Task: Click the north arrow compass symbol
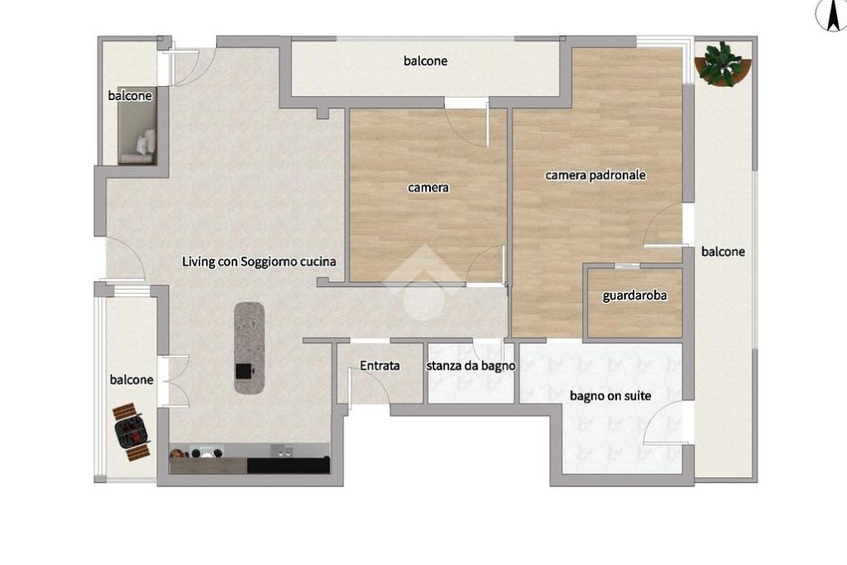coord(831,15)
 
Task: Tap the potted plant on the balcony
coord(722,64)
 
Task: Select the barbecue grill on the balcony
coord(132,432)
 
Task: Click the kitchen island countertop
coord(249,348)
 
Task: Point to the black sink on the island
coord(244,371)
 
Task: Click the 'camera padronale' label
coord(596,175)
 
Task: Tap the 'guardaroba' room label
coord(634,296)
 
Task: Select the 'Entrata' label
coord(380,366)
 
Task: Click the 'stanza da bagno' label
coord(471,366)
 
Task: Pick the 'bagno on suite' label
coord(610,396)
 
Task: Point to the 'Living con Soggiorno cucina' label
coord(259,262)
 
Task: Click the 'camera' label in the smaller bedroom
coord(428,188)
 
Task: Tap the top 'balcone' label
coord(426,61)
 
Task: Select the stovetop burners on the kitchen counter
coord(206,451)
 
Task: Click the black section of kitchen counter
coord(289,465)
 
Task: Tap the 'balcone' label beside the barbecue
coord(132,381)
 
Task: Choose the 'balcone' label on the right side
coord(723,251)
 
